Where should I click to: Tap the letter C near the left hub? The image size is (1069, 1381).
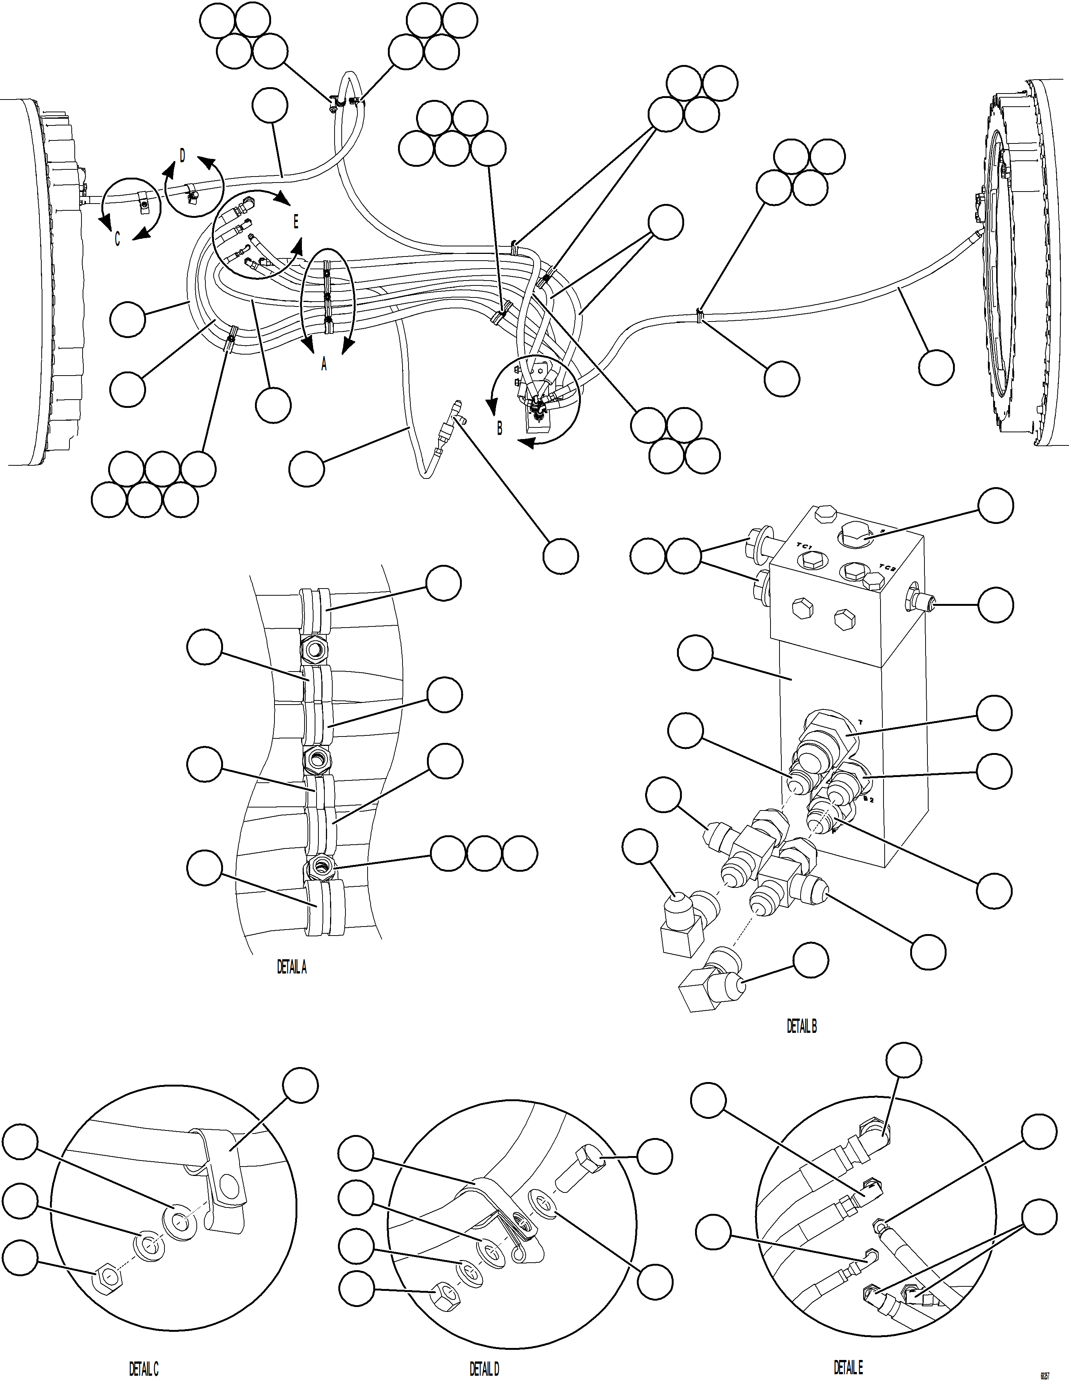click(117, 240)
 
